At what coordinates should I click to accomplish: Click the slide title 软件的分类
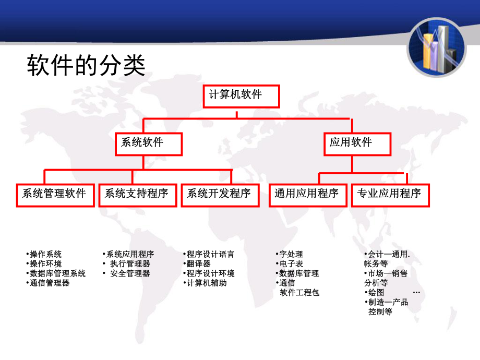[x=86, y=66]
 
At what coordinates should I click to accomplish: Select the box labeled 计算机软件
[x=241, y=96]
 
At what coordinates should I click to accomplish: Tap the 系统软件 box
[x=149, y=143]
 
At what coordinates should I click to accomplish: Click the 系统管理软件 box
[x=54, y=194]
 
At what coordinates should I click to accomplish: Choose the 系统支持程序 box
[x=137, y=194]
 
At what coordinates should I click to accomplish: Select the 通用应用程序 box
[x=307, y=194]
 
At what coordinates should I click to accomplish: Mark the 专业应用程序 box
[x=389, y=194]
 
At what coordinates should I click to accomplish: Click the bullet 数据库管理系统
[x=57, y=273]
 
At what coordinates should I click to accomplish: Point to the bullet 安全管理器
[x=129, y=273]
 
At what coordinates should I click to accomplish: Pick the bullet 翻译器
[x=198, y=264]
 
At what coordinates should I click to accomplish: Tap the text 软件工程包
[x=299, y=293]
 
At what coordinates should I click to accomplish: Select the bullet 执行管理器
[x=129, y=264]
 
